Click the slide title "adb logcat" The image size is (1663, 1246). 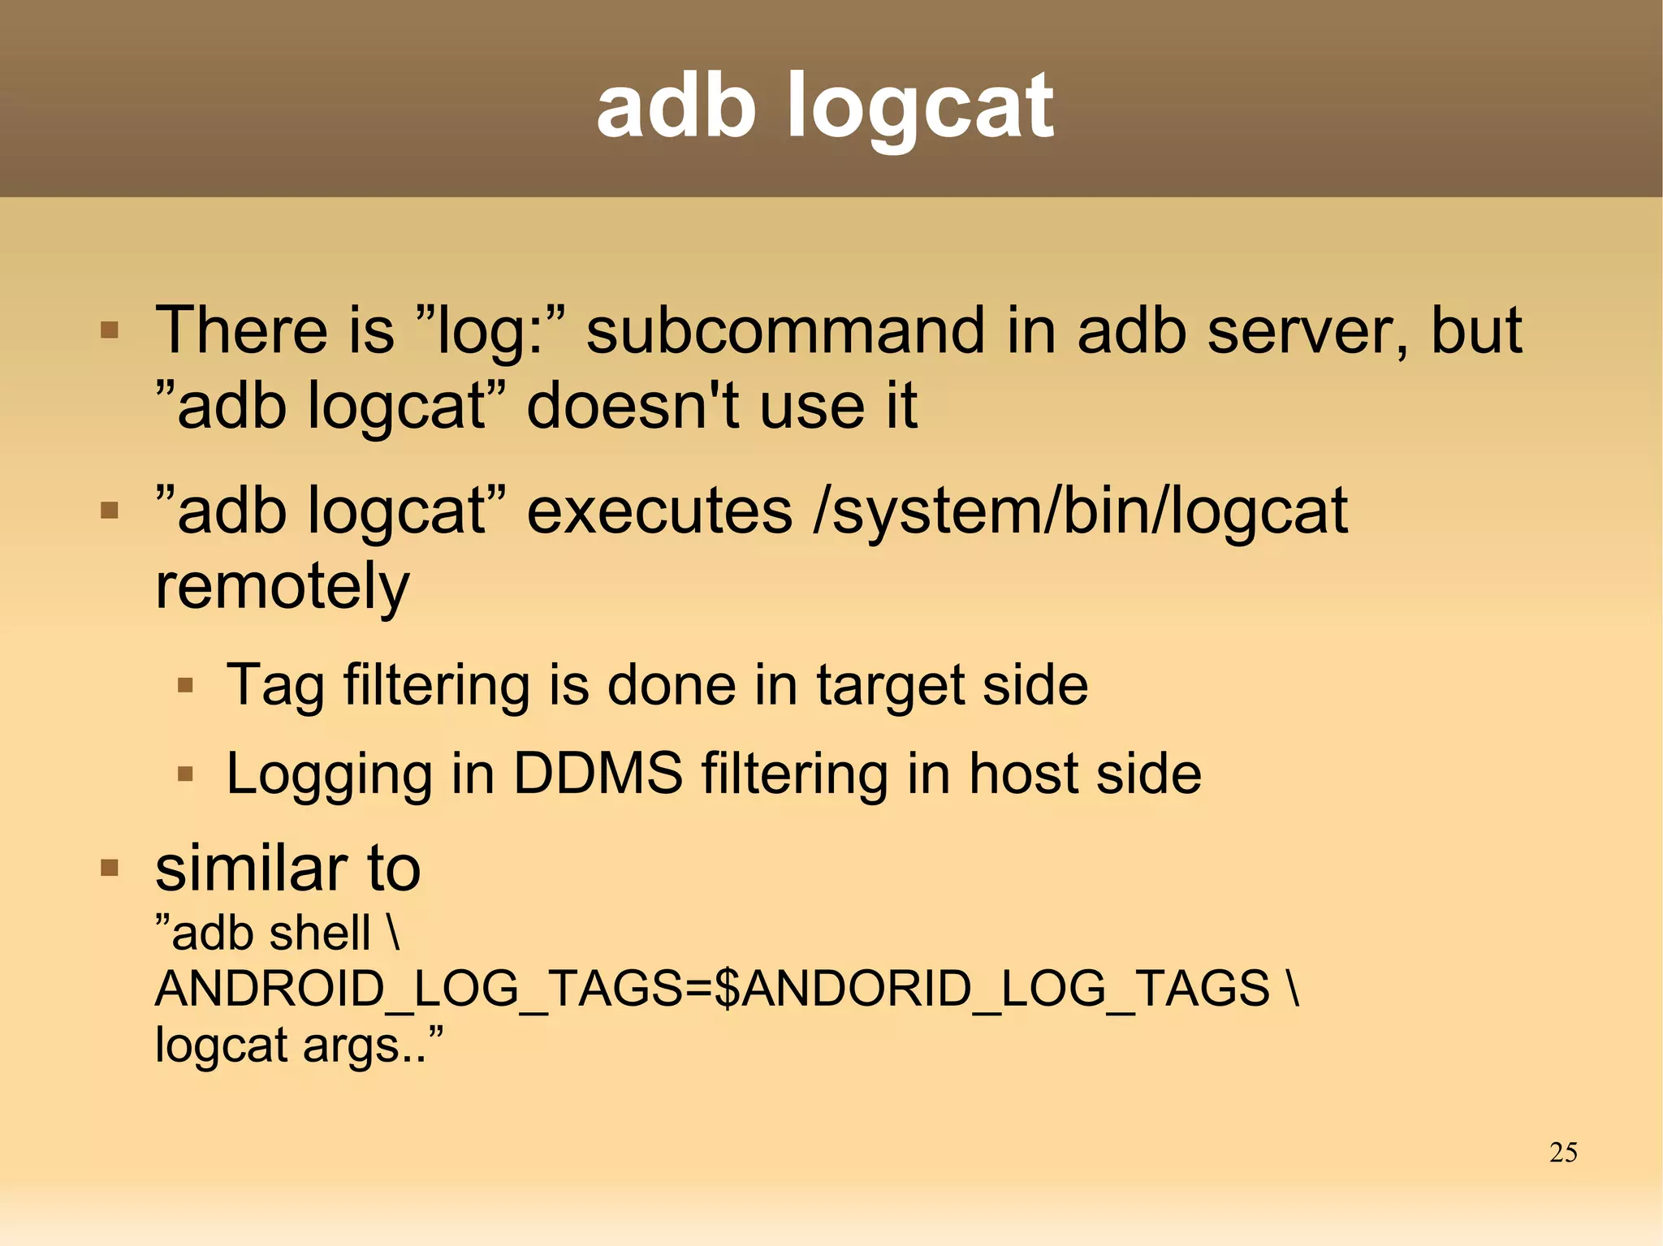click(824, 106)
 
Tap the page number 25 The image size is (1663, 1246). click(1562, 1152)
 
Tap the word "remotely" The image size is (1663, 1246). click(282, 586)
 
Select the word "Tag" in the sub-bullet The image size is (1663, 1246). click(274, 685)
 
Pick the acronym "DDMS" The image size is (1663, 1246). click(598, 773)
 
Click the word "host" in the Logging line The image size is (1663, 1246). click(1023, 773)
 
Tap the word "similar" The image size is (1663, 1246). click(250, 869)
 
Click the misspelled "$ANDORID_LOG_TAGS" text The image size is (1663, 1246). click(991, 989)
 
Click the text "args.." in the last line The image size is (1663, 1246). click(364, 1045)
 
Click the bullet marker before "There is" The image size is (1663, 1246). click(110, 330)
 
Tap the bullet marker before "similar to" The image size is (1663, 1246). click(110, 869)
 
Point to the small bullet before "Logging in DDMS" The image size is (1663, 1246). click(185, 774)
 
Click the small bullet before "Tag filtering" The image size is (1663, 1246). click(185, 686)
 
